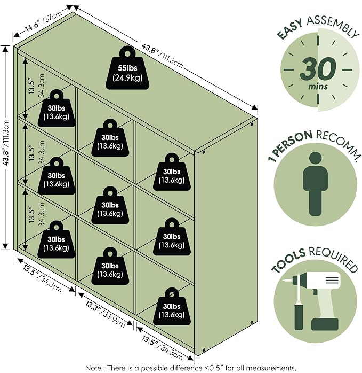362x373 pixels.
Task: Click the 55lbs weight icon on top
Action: pos(127,68)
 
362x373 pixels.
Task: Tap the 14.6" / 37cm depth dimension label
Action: pos(43,21)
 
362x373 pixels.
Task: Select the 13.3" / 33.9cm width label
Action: pos(105,314)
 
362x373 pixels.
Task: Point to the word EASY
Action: pos(290,29)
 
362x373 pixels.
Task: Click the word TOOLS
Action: pos(288,261)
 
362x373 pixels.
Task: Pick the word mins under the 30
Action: pos(318,87)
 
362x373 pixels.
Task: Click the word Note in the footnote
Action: pos(94,368)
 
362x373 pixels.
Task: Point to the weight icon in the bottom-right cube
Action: pos(172,307)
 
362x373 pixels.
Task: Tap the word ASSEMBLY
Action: pos(332,26)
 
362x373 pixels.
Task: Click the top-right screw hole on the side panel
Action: pos(252,124)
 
